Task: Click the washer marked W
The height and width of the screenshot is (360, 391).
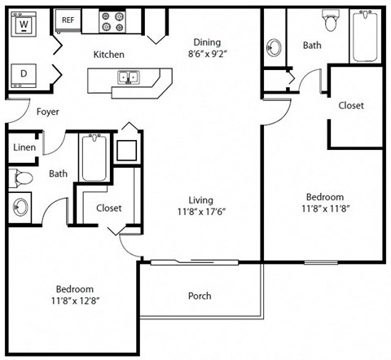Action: (25, 25)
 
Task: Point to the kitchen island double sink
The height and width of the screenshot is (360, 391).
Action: (129, 78)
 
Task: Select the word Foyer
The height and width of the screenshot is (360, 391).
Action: (47, 112)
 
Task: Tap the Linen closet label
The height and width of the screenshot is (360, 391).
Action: (24, 148)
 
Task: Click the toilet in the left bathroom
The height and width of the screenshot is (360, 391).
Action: (22, 177)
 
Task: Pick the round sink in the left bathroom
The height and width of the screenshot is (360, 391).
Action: (20, 206)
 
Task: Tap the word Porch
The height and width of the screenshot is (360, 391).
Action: (200, 296)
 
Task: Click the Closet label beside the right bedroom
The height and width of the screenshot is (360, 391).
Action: (351, 106)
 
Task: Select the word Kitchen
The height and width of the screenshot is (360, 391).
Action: (109, 55)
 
